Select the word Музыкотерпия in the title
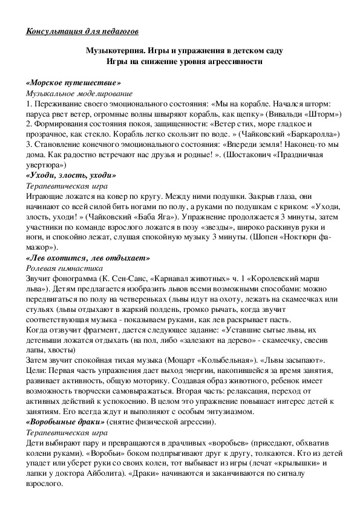[114, 51]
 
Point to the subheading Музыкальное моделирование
[80, 94]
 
